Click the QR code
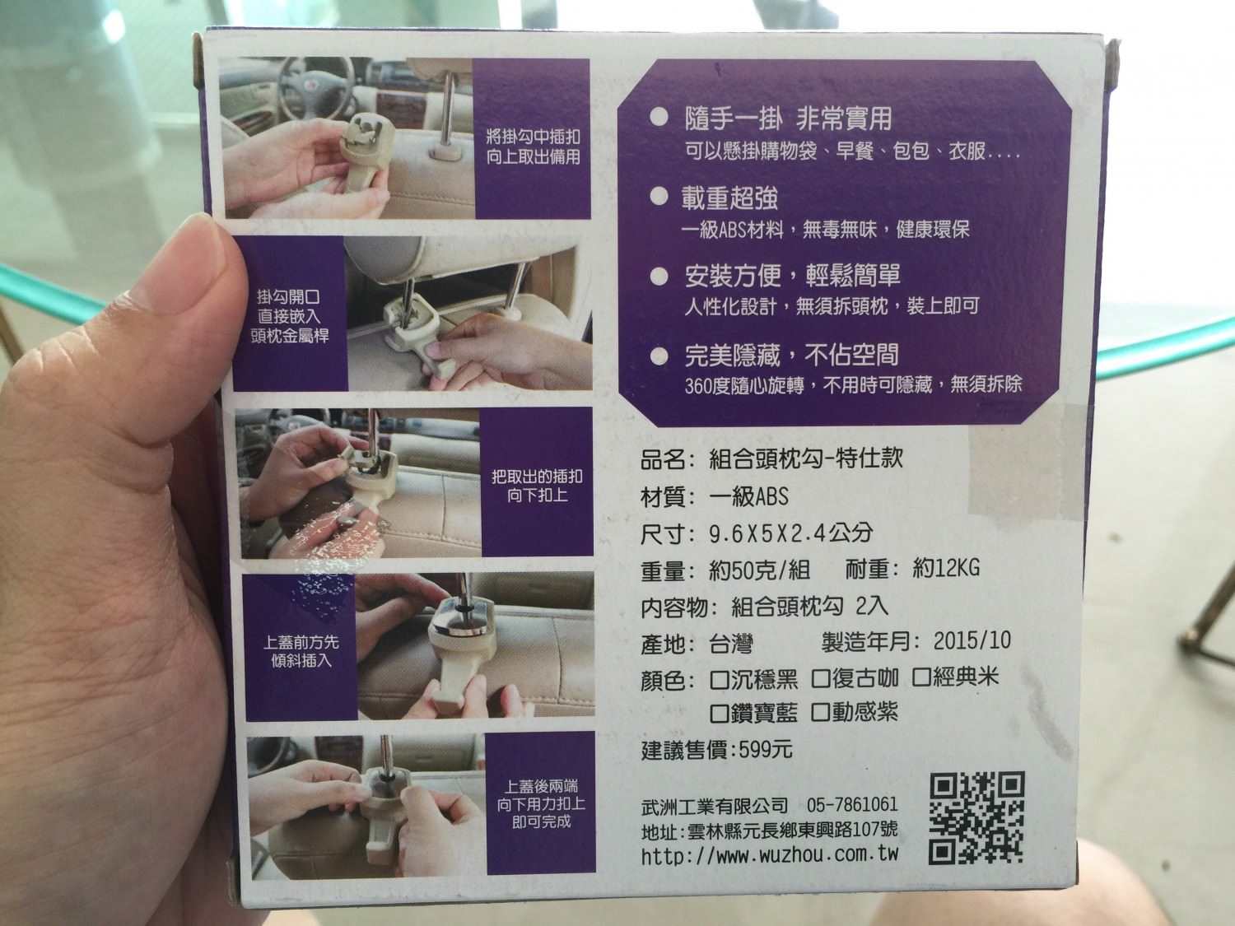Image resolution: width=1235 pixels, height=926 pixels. (x=976, y=817)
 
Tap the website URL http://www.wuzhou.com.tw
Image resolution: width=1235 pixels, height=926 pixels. (x=770, y=854)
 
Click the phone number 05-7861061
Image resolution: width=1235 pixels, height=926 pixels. (x=852, y=804)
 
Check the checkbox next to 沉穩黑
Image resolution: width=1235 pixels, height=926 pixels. (x=720, y=680)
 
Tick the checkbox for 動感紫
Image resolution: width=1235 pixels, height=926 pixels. (x=820, y=712)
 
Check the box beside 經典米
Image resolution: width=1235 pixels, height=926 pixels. (x=921, y=677)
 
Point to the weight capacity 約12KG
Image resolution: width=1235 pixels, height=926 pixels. (x=946, y=569)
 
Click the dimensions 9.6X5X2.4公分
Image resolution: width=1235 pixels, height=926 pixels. (x=790, y=533)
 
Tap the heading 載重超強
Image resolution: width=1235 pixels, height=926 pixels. (x=729, y=198)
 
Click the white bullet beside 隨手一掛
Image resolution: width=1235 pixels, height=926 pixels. (x=659, y=118)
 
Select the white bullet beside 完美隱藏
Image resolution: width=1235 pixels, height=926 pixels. (x=659, y=356)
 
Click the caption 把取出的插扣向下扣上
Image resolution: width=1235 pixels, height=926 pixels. (x=537, y=486)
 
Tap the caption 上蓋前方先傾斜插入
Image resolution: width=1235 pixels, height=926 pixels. (x=301, y=651)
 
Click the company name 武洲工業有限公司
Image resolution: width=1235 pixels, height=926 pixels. (x=714, y=807)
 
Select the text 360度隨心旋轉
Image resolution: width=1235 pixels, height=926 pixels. (x=744, y=386)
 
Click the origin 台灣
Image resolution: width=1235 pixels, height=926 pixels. (x=731, y=644)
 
